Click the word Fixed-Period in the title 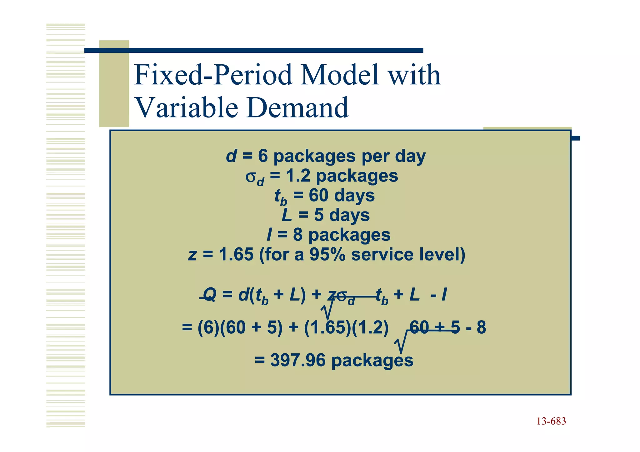click(x=212, y=75)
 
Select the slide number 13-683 click(x=551, y=421)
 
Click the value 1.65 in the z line click(x=236, y=254)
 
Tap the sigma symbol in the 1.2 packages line click(x=251, y=176)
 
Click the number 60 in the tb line click(x=318, y=196)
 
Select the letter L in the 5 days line click(x=287, y=215)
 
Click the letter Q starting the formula click(x=210, y=295)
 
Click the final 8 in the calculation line click(x=481, y=328)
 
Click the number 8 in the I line click(x=298, y=235)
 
